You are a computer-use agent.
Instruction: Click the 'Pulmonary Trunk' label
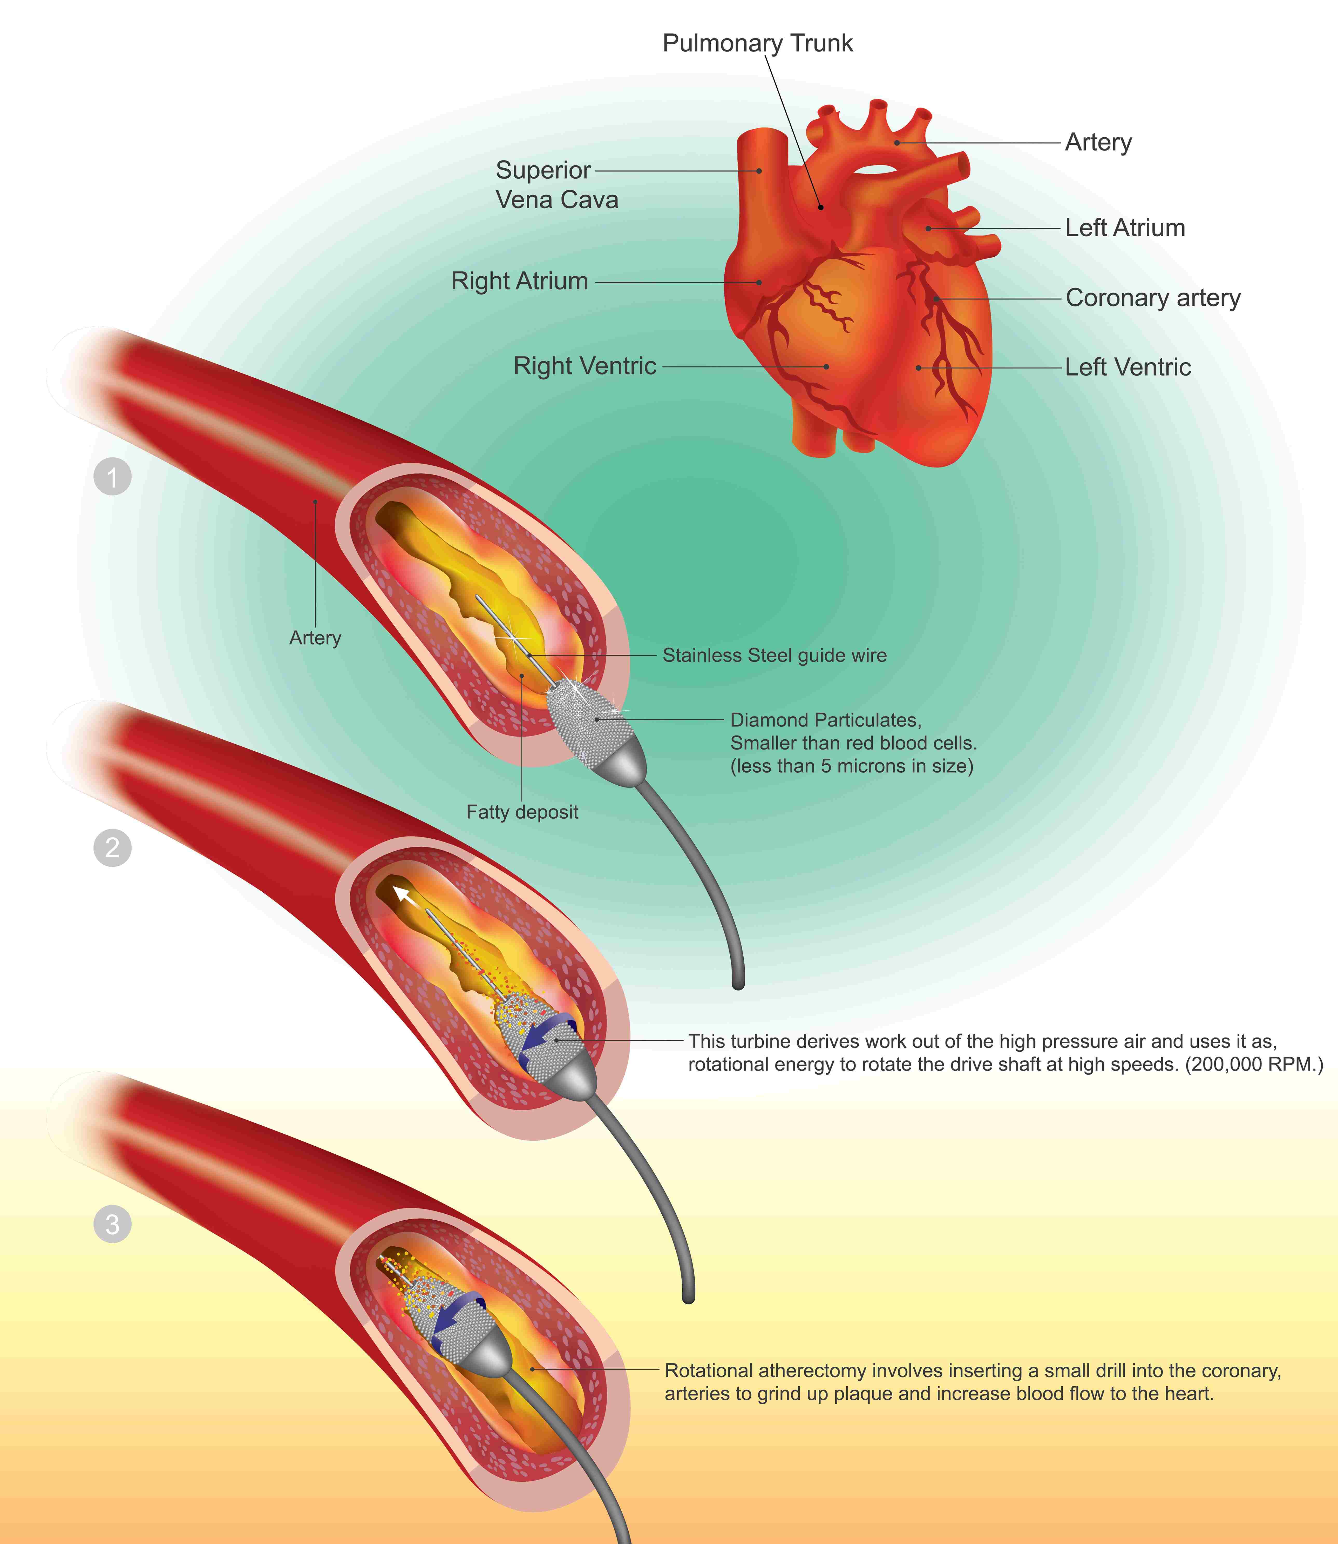(757, 43)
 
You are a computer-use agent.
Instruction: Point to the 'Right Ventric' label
(585, 366)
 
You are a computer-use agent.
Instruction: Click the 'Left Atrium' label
(1124, 228)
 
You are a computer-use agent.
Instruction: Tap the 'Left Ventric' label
(1128, 367)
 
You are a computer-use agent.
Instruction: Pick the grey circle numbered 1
(113, 477)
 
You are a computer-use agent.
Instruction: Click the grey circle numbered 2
(113, 848)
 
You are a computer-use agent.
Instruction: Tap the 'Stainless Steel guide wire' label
(774, 655)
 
